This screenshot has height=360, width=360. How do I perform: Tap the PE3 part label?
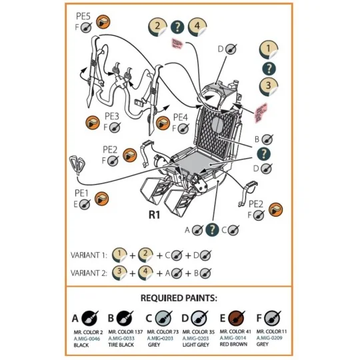click(111, 116)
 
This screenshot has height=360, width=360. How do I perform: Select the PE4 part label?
click(180, 117)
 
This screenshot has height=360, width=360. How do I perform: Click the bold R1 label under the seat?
click(155, 215)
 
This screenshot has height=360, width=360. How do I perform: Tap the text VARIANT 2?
click(89, 273)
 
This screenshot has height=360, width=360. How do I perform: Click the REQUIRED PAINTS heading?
click(180, 297)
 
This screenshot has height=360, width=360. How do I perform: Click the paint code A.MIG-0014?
click(234, 338)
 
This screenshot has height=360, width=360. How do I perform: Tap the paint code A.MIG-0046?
click(87, 338)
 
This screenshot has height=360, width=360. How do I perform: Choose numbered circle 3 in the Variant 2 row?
click(120, 273)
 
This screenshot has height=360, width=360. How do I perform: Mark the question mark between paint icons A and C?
click(212, 230)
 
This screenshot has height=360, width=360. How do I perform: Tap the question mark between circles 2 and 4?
click(177, 27)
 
